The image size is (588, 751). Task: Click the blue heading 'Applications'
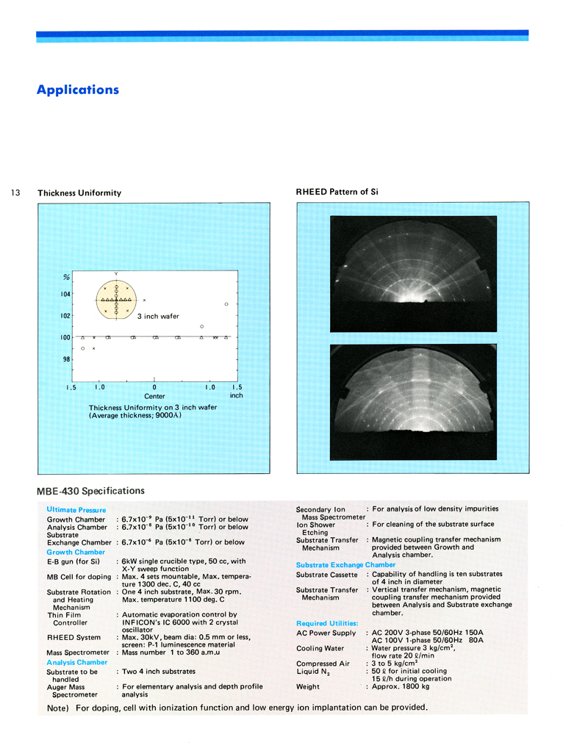point(77,90)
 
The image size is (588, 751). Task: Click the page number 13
point(15,193)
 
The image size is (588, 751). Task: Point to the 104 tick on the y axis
point(66,294)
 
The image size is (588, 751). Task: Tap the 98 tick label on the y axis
point(65,359)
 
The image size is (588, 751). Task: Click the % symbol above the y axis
point(65,277)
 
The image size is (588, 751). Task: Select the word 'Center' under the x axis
point(154,397)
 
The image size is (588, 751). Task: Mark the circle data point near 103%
point(226,304)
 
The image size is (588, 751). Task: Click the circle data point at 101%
point(201,326)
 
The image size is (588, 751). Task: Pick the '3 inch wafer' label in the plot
point(158,316)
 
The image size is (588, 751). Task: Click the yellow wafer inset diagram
point(116,300)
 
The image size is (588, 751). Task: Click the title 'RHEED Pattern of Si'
point(337,192)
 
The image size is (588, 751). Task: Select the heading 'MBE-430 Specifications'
point(91,491)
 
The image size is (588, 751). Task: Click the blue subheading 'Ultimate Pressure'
point(76,510)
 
